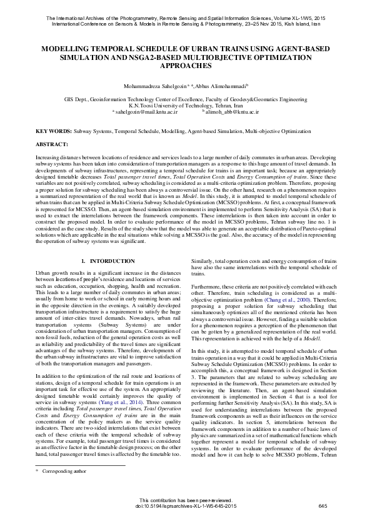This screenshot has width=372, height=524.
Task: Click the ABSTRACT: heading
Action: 51,144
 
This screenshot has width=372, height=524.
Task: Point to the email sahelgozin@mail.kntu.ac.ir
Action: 146,112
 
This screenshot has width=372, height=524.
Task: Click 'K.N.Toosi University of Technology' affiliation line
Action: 185,106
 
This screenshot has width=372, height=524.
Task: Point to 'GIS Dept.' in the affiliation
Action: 77,99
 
